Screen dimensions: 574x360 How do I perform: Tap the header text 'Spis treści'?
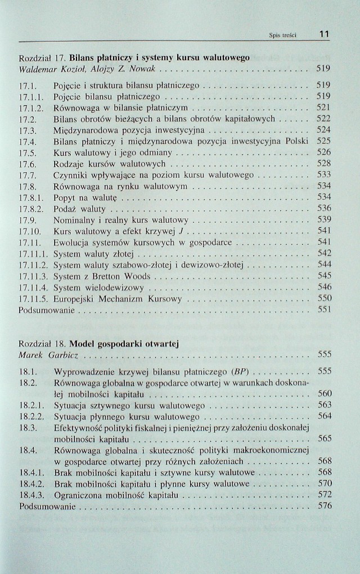pos(285,35)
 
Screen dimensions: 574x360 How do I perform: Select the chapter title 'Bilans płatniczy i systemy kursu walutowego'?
pos(160,58)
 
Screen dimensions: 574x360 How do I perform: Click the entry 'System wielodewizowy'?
pos(98,288)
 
